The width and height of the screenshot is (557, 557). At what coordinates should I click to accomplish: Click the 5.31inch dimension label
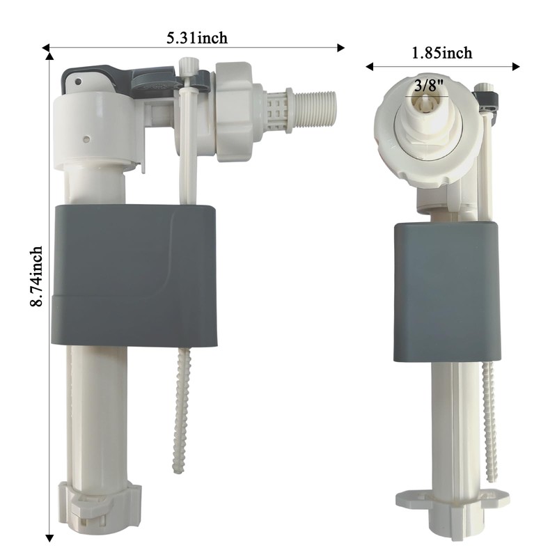pos(196,38)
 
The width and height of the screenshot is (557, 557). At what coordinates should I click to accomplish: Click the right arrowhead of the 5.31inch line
pos(341,48)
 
